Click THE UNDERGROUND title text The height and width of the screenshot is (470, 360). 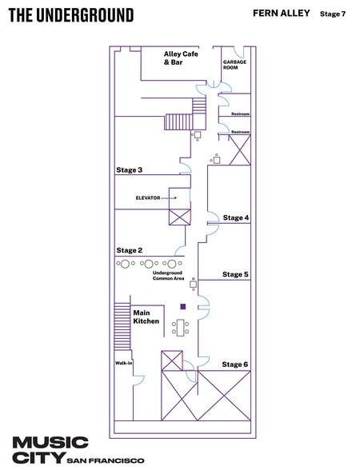pyautogui.click(x=71, y=15)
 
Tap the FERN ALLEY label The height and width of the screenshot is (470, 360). pyautogui.click(x=282, y=13)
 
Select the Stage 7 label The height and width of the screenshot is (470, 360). pyautogui.click(x=333, y=14)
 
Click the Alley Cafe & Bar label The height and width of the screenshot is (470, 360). pyautogui.click(x=181, y=58)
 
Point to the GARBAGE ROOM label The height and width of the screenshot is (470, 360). pyautogui.click(x=234, y=65)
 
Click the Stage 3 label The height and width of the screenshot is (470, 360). pyautogui.click(x=130, y=170)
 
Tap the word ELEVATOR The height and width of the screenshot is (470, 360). pyautogui.click(x=148, y=198)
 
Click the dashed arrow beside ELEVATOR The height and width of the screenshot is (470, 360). pyautogui.click(x=170, y=198)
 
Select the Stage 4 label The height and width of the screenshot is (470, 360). pyautogui.click(x=236, y=217)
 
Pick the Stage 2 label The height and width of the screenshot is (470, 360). pyautogui.click(x=130, y=250)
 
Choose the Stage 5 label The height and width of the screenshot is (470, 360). pyautogui.click(x=235, y=274)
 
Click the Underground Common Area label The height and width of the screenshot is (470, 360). pyautogui.click(x=168, y=276)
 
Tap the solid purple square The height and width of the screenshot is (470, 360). pyautogui.click(x=183, y=306)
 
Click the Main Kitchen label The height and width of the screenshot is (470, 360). pyautogui.click(x=146, y=317)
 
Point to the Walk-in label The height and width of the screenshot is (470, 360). pyautogui.click(x=123, y=363)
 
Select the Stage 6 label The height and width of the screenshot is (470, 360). pyautogui.click(x=235, y=364)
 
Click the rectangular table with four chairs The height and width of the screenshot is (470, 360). pyautogui.click(x=180, y=328)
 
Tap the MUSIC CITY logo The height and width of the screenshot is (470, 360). pyautogui.click(x=50, y=450)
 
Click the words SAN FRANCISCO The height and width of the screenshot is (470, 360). pyautogui.click(x=106, y=460)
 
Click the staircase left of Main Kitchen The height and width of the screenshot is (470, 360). pyautogui.click(x=122, y=326)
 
